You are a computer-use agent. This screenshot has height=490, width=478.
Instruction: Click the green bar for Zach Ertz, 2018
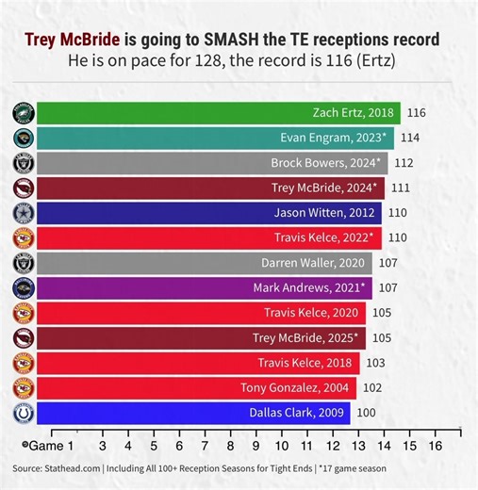[217, 113]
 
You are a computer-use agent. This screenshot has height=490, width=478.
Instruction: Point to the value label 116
[417, 113]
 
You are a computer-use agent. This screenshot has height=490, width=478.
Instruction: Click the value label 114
[410, 138]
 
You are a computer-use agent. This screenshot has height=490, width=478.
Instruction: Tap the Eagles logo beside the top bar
[23, 113]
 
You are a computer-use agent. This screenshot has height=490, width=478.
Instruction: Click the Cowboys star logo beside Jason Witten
[23, 213]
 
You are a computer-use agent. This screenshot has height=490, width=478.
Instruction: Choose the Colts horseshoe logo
[23, 412]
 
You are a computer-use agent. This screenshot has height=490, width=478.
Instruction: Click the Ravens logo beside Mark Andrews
[23, 287]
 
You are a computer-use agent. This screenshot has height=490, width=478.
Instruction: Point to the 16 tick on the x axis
[435, 444]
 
